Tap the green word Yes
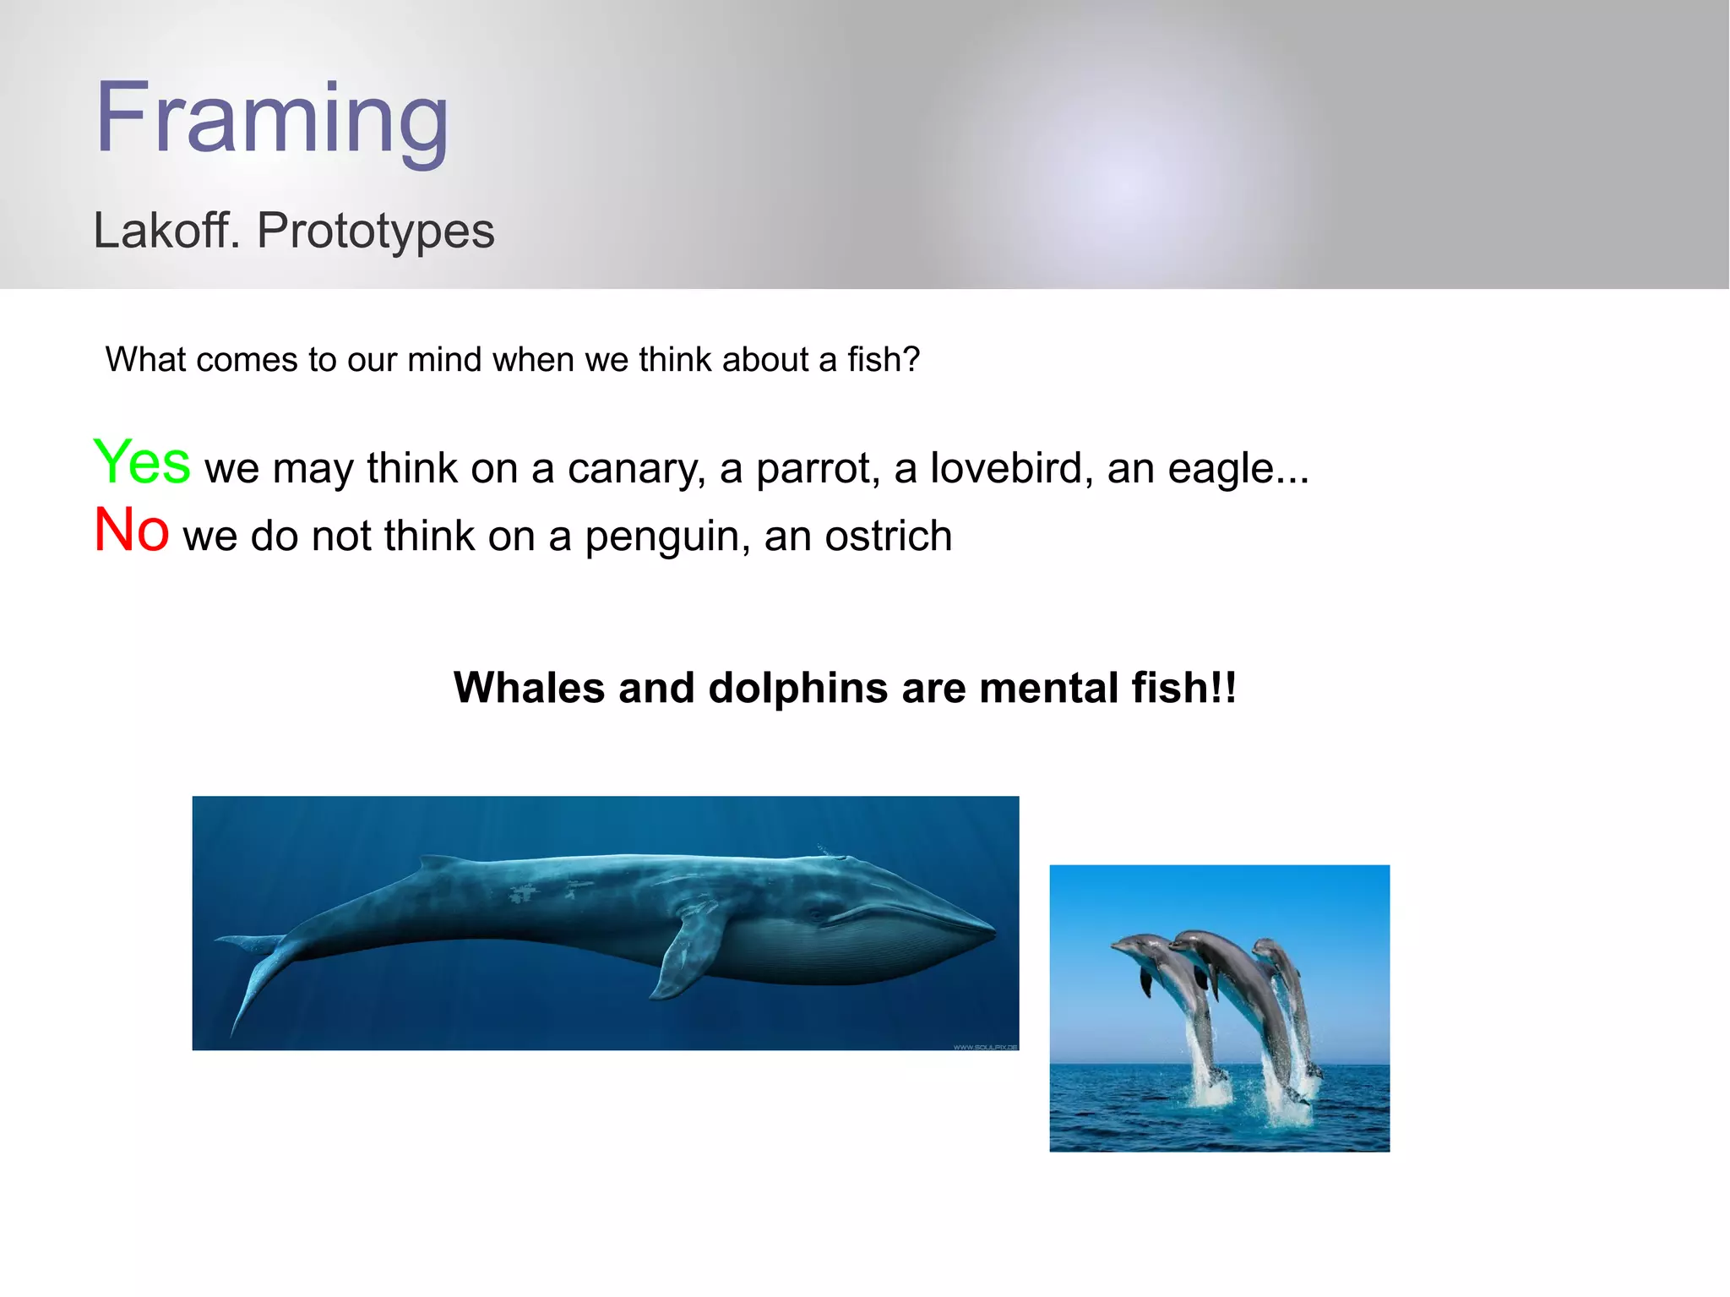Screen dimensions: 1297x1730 tap(142, 463)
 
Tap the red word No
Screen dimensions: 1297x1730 tap(131, 531)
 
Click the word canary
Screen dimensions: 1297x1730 tap(636, 470)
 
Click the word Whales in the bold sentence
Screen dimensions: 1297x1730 tap(529, 688)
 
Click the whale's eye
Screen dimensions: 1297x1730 tap(816, 914)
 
